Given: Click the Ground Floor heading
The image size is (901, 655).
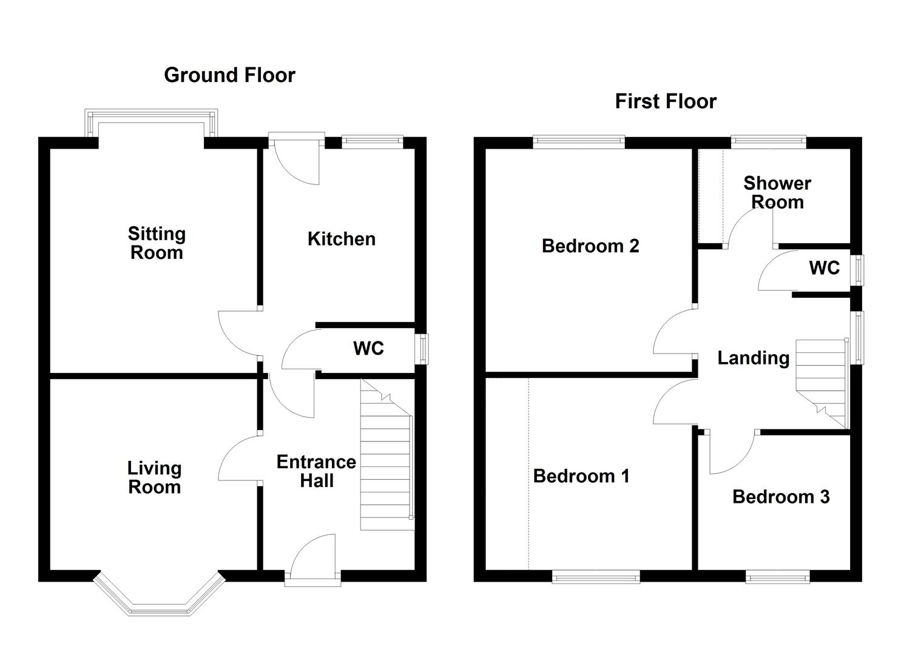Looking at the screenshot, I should [229, 75].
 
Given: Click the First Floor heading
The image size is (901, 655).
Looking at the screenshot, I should [666, 101].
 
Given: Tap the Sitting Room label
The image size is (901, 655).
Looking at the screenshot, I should [157, 243].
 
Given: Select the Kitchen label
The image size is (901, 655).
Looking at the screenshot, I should [341, 239].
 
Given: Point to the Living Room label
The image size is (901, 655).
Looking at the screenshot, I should [154, 477].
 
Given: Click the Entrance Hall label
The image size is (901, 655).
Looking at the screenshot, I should [316, 471].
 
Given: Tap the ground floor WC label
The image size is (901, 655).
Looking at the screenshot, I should [368, 348].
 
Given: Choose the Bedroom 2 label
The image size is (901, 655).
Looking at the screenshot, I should [590, 246].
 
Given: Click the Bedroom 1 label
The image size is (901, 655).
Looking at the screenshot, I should [581, 476].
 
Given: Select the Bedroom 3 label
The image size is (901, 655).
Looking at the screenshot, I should [780, 497].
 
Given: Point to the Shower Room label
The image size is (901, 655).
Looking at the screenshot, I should [777, 192].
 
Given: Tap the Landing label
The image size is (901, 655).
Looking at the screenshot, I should [753, 358].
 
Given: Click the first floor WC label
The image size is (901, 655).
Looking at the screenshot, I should [824, 267].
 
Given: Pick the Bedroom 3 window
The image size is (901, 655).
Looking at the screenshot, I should [777, 577].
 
